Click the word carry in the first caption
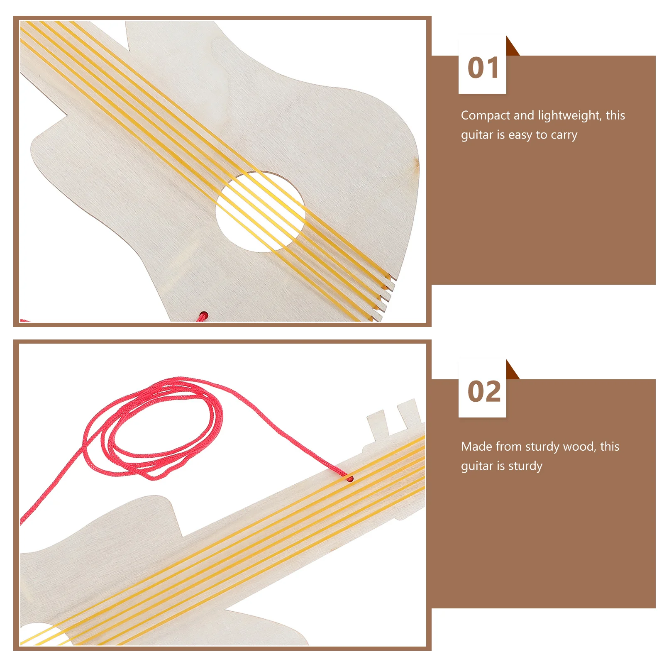[564, 135]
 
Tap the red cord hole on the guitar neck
[350, 479]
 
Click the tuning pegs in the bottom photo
[394, 419]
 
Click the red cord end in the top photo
[203, 317]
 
